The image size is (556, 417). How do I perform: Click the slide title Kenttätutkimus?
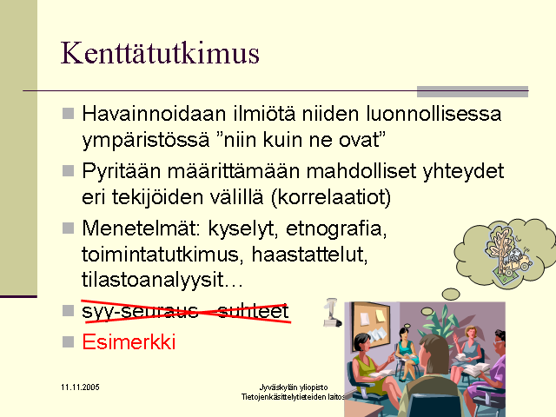(160, 53)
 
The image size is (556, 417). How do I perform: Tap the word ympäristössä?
(146, 141)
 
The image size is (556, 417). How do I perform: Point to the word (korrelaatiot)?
(331, 197)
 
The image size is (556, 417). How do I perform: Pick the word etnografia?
(336, 229)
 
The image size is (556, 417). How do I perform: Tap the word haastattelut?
(309, 255)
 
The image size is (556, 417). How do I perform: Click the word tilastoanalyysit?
(153, 280)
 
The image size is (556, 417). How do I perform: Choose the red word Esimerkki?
(129, 341)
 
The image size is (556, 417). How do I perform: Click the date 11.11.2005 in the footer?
(80, 387)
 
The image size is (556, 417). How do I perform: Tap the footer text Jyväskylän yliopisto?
(294, 387)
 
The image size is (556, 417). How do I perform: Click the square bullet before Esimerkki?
(68, 342)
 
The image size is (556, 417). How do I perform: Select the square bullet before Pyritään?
(68, 171)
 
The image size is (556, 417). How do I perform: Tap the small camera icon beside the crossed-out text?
(332, 313)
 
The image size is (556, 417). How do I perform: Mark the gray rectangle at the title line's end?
(473, 91)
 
